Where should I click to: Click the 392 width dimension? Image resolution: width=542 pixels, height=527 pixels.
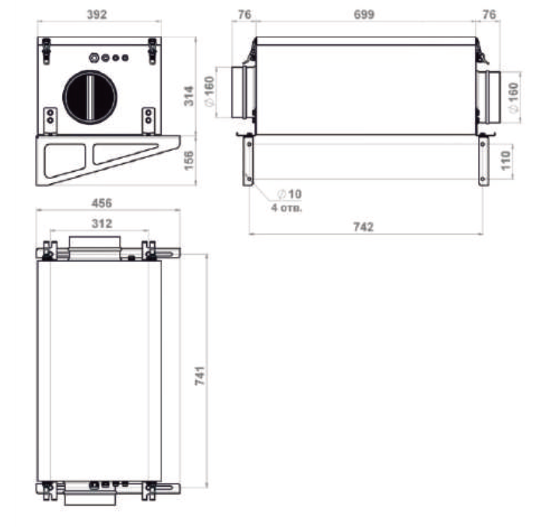coord(97,15)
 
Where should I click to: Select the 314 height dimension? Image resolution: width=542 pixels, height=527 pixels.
coord(189,96)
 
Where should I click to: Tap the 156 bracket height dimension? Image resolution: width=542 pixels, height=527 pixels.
coord(189,160)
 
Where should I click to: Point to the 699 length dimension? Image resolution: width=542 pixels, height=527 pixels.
coord(364,15)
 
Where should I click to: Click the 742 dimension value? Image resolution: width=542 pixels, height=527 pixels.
coord(363,227)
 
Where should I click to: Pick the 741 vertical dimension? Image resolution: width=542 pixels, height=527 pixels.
coord(200,375)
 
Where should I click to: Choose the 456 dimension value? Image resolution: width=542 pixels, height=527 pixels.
coord(102,203)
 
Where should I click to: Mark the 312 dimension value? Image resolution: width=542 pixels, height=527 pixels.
coord(102,224)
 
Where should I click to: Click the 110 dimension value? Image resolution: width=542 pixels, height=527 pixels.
coord(505,160)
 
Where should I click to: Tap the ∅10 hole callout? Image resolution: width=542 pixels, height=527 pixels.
coord(290,194)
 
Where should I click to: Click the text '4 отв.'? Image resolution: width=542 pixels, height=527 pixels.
coord(286,208)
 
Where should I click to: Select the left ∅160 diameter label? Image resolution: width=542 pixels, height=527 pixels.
coord(209,92)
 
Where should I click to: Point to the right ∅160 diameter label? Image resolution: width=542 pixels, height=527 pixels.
coord(513,97)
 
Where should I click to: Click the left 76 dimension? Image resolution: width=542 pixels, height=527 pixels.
coord(244,15)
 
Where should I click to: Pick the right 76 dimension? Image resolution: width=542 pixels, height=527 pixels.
coord(489,15)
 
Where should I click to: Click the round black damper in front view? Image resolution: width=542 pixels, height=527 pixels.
coord(90,97)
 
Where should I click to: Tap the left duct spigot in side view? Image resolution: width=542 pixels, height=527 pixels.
coord(243,92)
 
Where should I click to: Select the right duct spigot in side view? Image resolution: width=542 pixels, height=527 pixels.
coord(488,97)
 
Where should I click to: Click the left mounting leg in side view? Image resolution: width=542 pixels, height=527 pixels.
coord(248,160)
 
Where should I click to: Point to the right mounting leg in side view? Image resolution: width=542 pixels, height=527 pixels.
coord(483,160)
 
